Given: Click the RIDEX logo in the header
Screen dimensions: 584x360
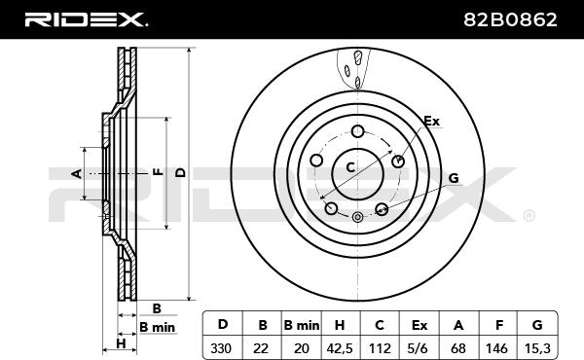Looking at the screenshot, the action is click(86, 19).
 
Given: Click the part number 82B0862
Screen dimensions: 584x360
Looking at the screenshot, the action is click(510, 19).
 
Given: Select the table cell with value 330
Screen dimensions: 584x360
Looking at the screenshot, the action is click(221, 348).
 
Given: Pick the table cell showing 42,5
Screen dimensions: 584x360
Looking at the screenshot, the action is click(340, 348).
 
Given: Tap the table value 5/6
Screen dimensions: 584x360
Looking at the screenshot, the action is click(418, 348).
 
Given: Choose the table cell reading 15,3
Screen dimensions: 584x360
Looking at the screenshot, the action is click(537, 348).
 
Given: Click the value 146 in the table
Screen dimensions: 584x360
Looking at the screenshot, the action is click(496, 348).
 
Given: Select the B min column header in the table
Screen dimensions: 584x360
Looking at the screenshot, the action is click(302, 325).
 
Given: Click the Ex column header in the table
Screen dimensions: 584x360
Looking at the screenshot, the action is click(420, 325).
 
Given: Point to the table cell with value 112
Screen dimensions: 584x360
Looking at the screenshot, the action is click(380, 348).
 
